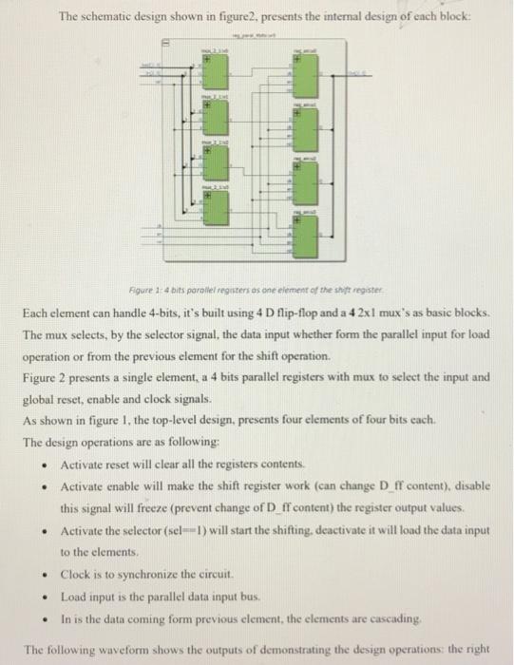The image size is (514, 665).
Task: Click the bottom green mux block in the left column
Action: pos(217,208)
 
